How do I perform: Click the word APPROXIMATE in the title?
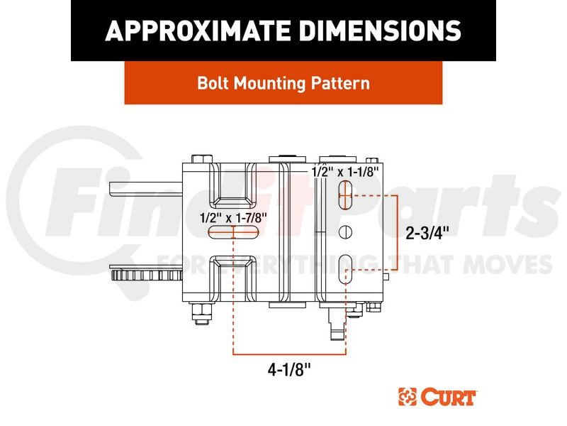[x=198, y=31]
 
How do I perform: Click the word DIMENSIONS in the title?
[x=381, y=31]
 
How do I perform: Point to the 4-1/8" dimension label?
[x=289, y=370]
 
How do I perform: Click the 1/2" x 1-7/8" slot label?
[x=233, y=218]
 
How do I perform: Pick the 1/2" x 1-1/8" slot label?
[x=345, y=172]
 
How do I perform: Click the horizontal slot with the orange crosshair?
[x=234, y=232]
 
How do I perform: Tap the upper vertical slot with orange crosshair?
[x=345, y=196]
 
